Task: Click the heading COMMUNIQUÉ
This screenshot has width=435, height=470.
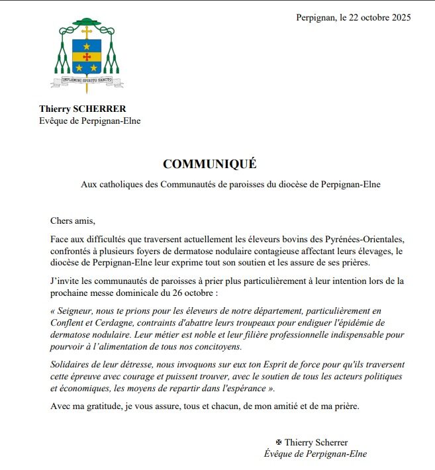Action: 209,164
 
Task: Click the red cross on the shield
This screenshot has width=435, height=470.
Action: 87,57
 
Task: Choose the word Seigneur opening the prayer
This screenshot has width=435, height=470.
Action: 79,310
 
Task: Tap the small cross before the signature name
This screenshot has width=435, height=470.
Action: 279,442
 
